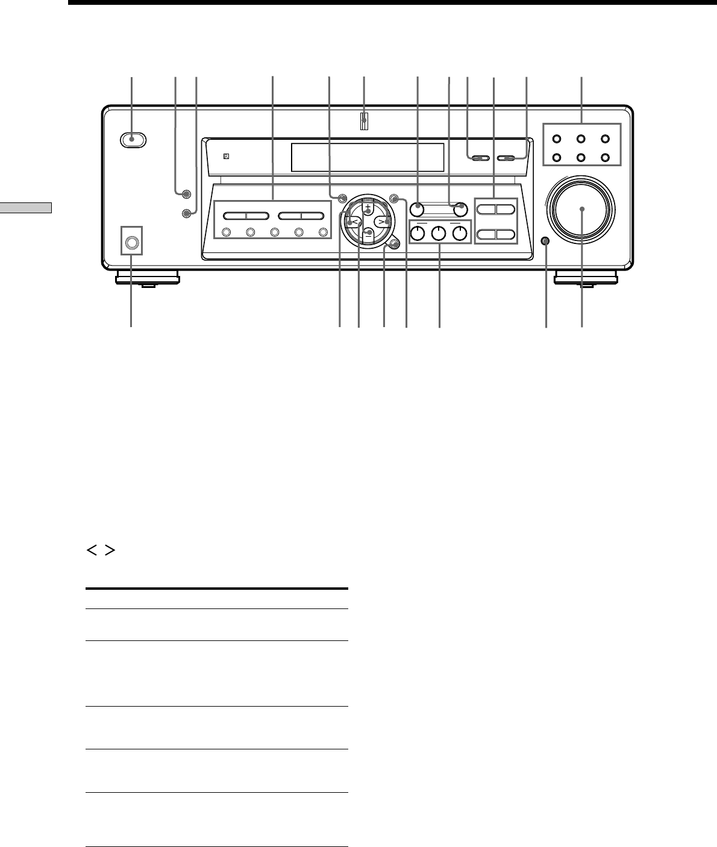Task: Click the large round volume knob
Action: [582, 208]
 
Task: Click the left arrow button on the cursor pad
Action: [354, 221]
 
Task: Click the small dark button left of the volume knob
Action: [546, 241]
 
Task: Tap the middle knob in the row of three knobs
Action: [439, 233]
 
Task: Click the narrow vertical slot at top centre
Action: [364, 122]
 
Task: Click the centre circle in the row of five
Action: [274, 233]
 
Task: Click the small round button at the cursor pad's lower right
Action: [393, 243]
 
